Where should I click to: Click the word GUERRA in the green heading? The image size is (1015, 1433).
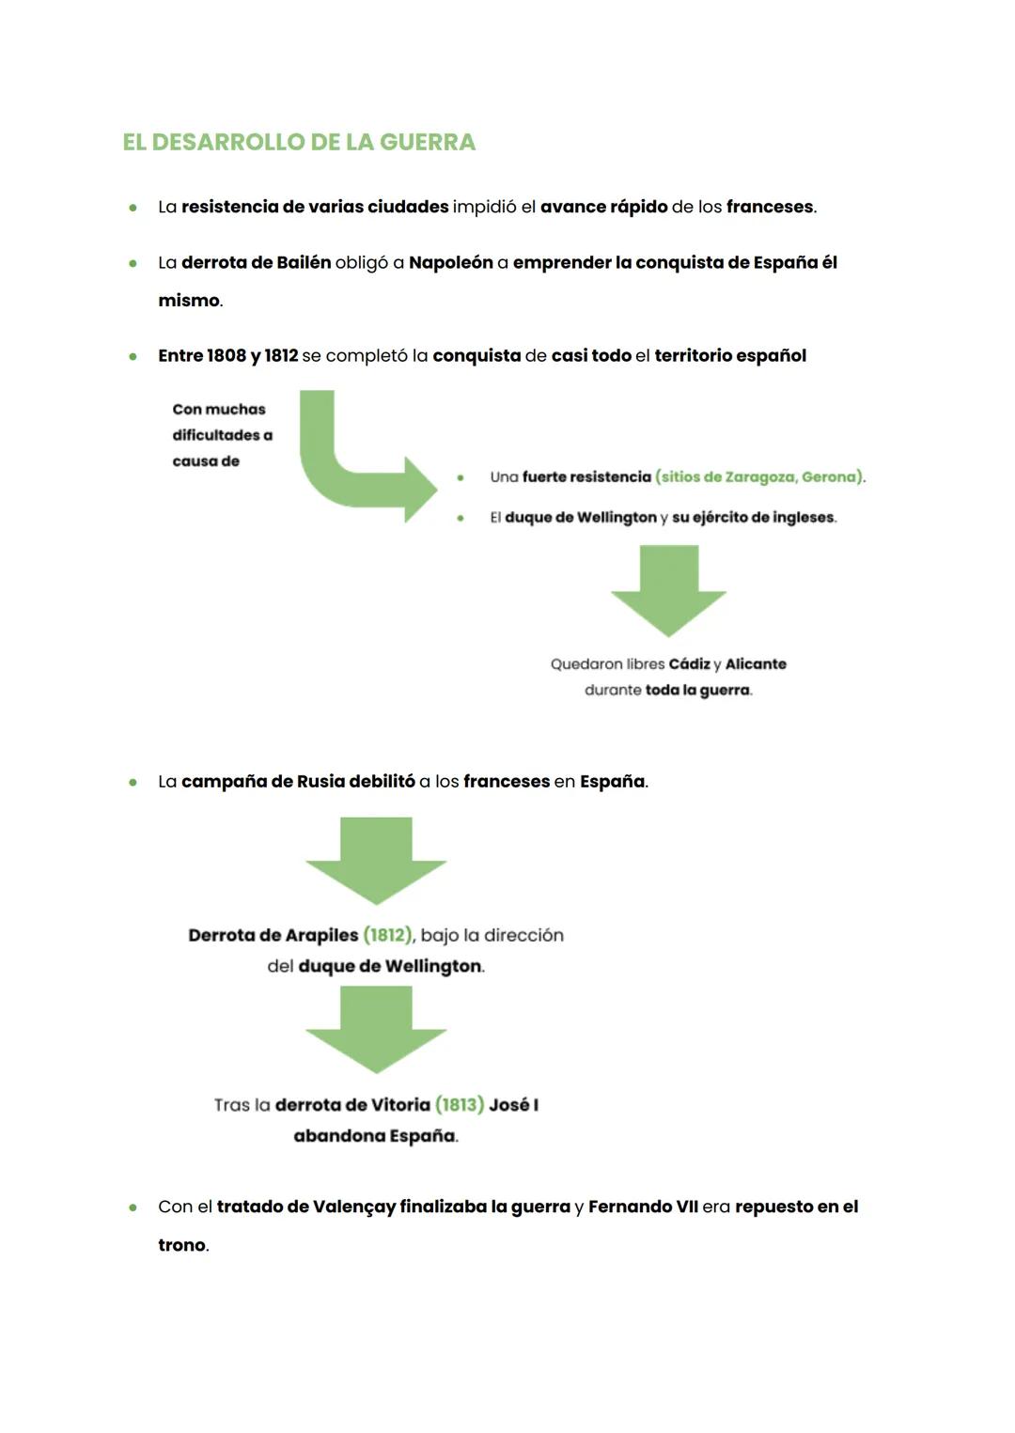[x=428, y=142]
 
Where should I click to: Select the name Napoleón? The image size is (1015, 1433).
[x=450, y=262]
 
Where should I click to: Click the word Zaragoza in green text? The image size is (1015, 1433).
[x=760, y=476]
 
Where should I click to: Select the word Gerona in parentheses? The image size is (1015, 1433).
[x=829, y=476]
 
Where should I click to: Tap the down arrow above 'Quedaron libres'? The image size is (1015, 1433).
[x=668, y=591]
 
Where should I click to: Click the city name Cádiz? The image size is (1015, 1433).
[x=689, y=663]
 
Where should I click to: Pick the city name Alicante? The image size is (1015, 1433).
[x=756, y=663]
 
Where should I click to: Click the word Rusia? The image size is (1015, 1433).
[x=320, y=781]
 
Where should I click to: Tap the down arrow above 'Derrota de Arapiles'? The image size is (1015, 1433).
[x=376, y=860]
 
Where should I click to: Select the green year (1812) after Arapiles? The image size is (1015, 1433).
[x=387, y=935]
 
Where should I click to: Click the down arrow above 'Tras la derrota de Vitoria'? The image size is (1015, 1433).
[x=376, y=1029]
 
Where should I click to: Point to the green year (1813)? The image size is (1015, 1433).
[x=460, y=1104]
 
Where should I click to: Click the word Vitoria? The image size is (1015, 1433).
[x=399, y=1104]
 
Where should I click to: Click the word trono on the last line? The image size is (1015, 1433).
[x=181, y=1245]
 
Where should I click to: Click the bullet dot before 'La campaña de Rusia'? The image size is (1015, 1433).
[x=133, y=782]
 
